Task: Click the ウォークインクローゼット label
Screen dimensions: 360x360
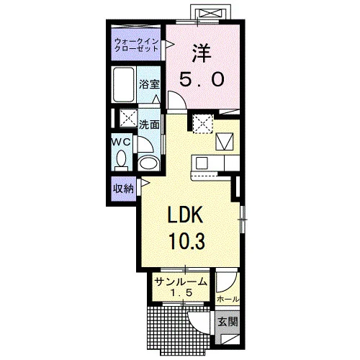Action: [x=137, y=45]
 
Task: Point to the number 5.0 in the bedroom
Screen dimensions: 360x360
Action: [x=202, y=79]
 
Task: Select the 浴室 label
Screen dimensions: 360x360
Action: [x=149, y=84]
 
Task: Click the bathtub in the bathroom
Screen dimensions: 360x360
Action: [x=124, y=85]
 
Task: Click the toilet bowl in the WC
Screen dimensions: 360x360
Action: [x=121, y=160]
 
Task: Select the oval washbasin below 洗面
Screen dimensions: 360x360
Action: [x=149, y=163]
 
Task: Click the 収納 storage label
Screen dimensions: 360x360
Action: [x=124, y=189]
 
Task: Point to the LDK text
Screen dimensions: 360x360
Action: [x=185, y=215]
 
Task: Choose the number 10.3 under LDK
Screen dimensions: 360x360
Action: [x=187, y=241]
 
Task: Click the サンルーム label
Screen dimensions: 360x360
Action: [x=181, y=282]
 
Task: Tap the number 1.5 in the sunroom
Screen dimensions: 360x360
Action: [x=181, y=292]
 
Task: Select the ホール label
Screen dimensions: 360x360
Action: [x=228, y=299]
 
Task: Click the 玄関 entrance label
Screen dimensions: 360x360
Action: [x=228, y=322]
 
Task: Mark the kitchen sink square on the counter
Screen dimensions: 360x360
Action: [x=202, y=163]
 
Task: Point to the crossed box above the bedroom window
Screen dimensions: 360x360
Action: [x=208, y=13]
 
